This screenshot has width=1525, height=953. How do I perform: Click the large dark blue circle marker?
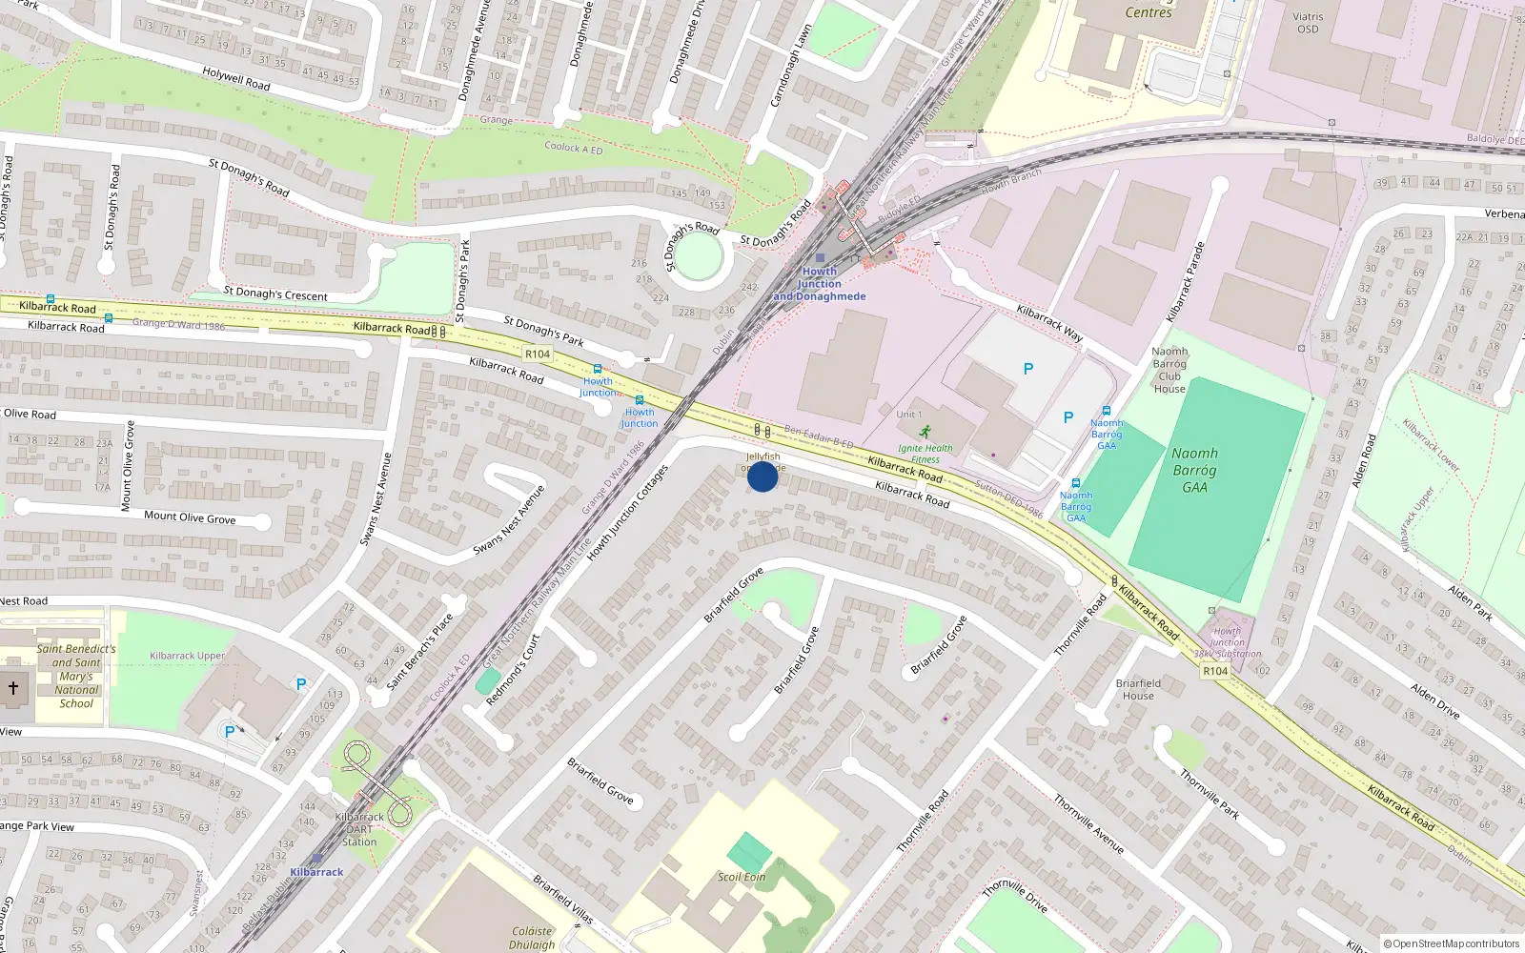(x=762, y=476)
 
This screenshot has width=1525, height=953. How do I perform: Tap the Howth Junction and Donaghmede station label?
(x=820, y=284)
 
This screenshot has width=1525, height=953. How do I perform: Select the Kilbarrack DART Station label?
(x=359, y=829)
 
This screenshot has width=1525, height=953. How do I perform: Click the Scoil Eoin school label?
(x=742, y=877)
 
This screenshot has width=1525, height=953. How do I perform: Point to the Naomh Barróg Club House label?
(x=1169, y=370)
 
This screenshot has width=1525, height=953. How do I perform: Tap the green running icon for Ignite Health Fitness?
(x=925, y=433)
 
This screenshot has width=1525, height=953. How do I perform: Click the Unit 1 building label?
(x=908, y=415)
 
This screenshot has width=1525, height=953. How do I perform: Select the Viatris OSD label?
(x=1308, y=23)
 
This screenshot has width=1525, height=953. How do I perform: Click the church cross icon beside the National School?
(x=13, y=687)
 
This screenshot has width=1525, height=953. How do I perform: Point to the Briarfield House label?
(x=1138, y=689)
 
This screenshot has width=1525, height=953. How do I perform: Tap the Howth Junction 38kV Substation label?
(x=1228, y=642)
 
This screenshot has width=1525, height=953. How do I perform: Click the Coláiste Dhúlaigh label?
(x=532, y=938)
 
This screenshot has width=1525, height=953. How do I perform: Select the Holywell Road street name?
(x=236, y=78)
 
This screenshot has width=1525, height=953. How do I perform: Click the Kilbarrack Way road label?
(x=1049, y=323)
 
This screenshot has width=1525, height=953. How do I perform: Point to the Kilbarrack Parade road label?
(x=1186, y=281)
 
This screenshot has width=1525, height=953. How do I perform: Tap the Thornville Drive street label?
(x=1015, y=896)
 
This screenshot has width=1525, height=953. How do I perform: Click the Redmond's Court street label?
(x=513, y=670)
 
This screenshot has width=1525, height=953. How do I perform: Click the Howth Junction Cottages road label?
(x=627, y=513)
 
